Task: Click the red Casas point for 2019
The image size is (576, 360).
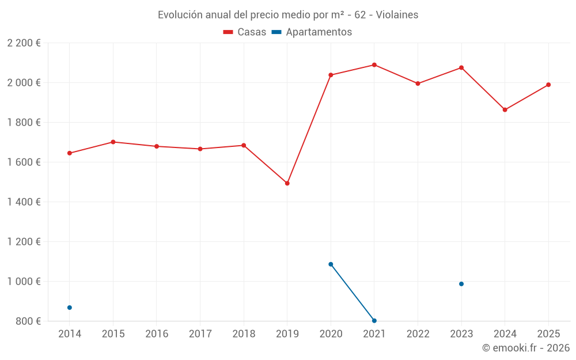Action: pos(287,183)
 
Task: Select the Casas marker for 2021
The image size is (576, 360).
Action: pos(374,65)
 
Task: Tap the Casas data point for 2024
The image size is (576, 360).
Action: pos(505,110)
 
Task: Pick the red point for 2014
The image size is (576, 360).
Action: pos(70,153)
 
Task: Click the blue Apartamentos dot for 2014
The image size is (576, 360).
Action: pos(70,308)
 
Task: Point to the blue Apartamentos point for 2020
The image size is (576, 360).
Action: pos(331,264)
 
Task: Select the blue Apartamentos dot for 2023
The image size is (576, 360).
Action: pos(461,284)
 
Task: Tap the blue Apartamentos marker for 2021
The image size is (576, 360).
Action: pos(374,321)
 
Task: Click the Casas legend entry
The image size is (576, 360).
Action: pos(245,32)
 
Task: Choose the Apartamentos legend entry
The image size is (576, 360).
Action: pos(312,32)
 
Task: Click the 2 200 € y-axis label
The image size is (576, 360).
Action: pos(24,43)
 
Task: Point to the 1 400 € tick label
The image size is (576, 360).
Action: pos(24,202)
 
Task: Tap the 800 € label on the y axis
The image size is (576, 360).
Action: pos(28,321)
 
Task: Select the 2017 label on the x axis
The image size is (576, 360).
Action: pos(200,334)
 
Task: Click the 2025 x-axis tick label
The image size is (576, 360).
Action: pos(548,334)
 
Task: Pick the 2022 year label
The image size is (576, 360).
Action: pos(418,334)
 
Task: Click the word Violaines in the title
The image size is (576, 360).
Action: pos(397,15)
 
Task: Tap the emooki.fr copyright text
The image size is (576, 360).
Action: pos(525,348)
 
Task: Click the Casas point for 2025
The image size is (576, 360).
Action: pos(548,85)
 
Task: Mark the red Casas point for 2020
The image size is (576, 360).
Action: pos(331,75)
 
